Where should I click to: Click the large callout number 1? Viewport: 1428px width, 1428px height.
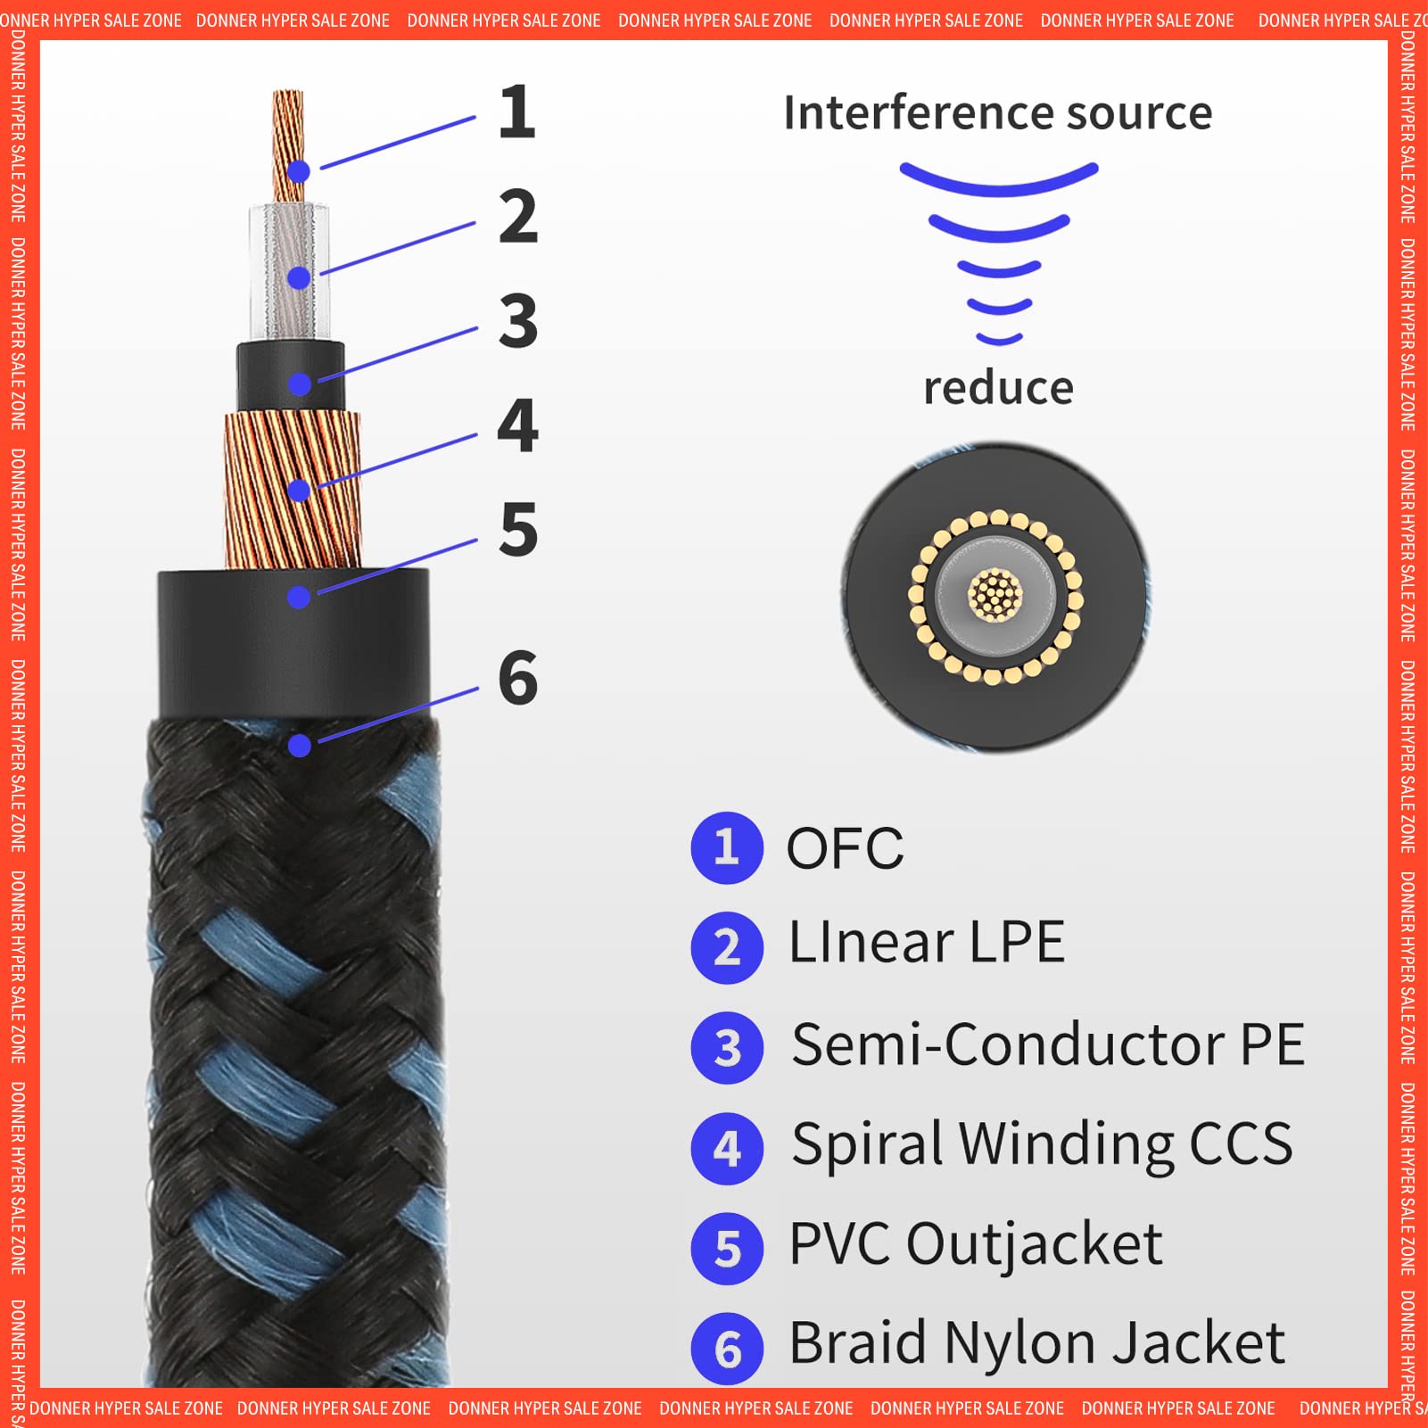coord(517,112)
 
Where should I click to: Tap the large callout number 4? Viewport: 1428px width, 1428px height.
coord(517,426)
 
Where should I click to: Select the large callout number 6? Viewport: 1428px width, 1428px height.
coord(517,678)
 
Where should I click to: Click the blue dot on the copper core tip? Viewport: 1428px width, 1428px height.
coord(299,171)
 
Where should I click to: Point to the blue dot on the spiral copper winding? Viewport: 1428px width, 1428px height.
coord(299,490)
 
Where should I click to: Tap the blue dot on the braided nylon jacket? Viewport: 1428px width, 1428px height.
coord(300,745)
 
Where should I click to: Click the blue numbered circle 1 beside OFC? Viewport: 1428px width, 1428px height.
coord(727,847)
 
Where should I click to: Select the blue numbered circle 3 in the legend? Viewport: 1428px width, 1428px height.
coord(727,1048)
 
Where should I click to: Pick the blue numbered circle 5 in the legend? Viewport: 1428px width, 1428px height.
coord(727,1249)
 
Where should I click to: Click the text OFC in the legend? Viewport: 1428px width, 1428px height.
coord(844,848)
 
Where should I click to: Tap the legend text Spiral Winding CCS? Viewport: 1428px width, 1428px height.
coord(1041,1144)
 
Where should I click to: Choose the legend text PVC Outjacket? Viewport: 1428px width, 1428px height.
coord(975,1244)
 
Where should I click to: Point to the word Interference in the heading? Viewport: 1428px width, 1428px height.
coord(918,113)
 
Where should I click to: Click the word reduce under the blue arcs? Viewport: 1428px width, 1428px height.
coord(998,389)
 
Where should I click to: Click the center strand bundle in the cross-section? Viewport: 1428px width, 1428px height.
coord(995,595)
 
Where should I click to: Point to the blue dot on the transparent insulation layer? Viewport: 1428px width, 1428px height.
coord(299,277)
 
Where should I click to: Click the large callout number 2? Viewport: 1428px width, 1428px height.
coord(517,217)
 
